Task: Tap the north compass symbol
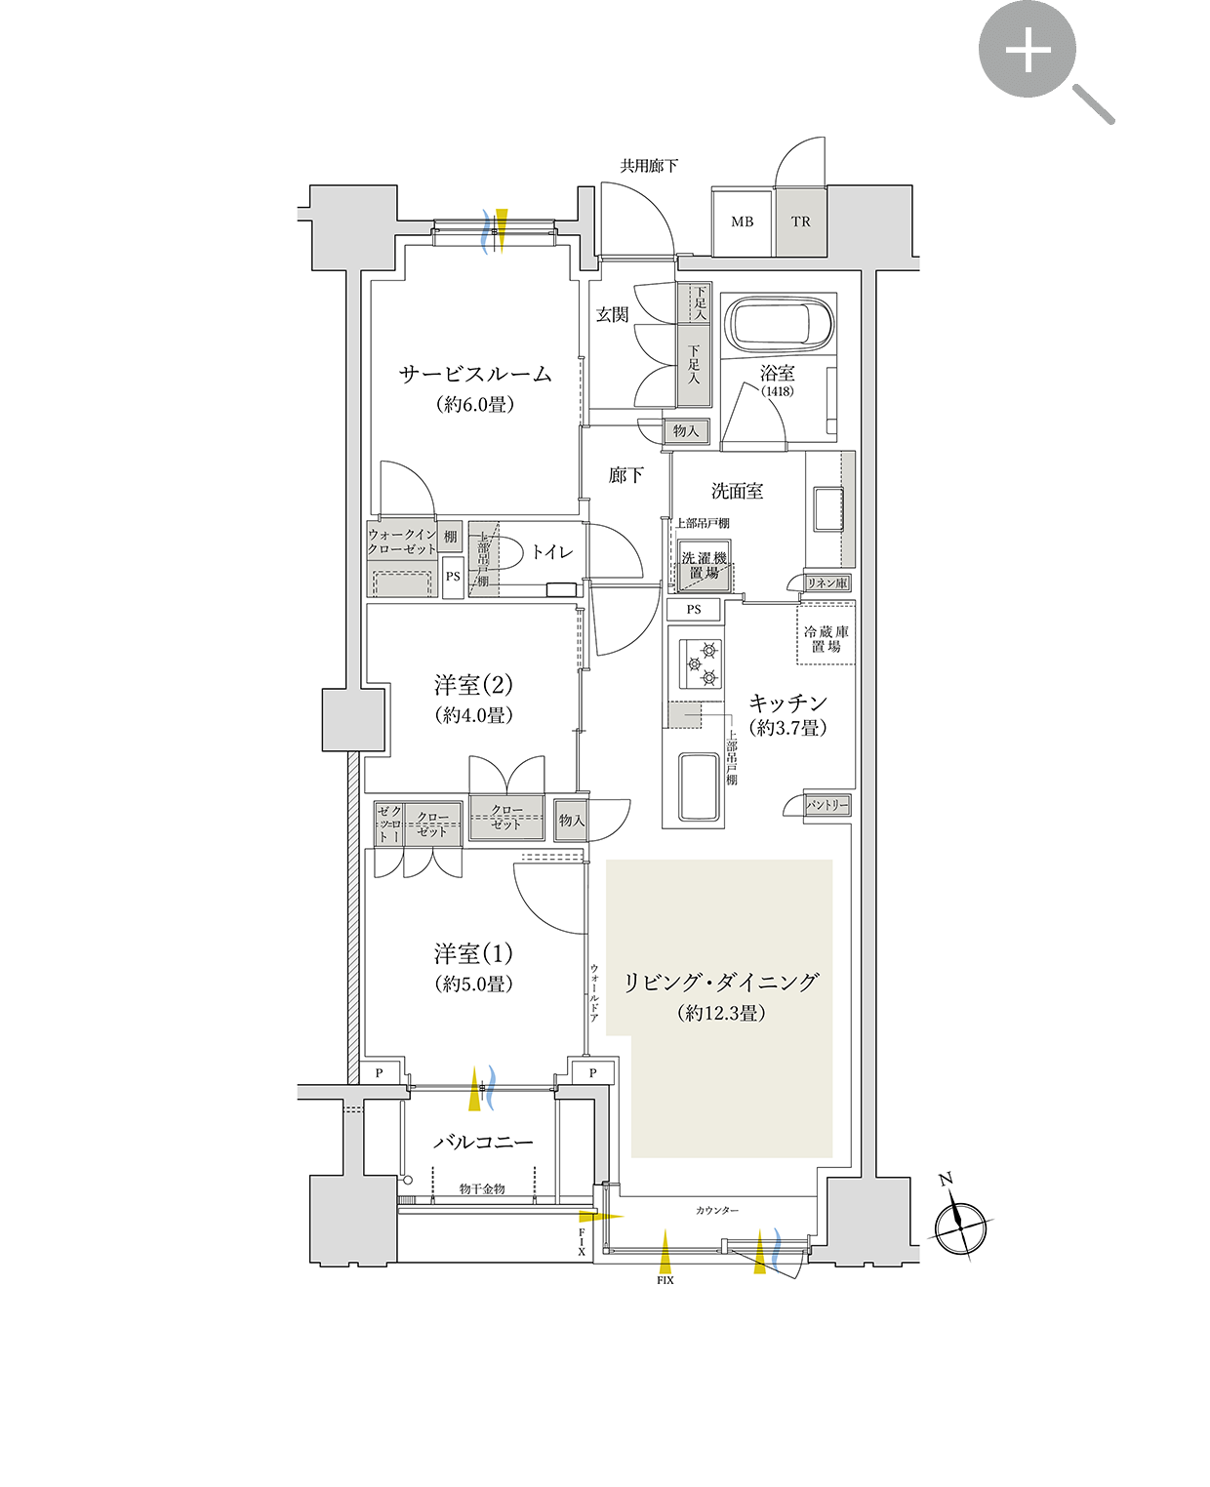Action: (960, 1224)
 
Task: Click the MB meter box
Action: (743, 221)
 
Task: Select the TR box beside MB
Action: (801, 221)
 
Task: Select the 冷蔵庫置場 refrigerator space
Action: (827, 638)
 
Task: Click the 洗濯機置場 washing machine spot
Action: (704, 566)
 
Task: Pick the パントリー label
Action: (827, 805)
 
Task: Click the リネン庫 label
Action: (827, 583)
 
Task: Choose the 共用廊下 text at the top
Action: (649, 166)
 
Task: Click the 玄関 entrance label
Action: (613, 314)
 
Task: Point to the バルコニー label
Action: (483, 1142)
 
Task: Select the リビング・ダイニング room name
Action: (720, 983)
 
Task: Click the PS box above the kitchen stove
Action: (694, 610)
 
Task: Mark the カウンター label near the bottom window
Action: (717, 1210)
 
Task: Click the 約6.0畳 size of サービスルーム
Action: (475, 404)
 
